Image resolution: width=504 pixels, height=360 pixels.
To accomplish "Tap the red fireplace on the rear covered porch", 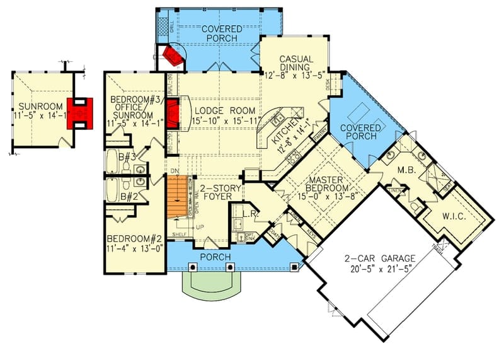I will (x=171, y=57).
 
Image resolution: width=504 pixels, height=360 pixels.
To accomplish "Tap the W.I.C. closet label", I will (x=454, y=216).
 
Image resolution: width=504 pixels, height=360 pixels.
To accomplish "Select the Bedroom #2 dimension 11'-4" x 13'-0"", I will (x=135, y=248).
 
